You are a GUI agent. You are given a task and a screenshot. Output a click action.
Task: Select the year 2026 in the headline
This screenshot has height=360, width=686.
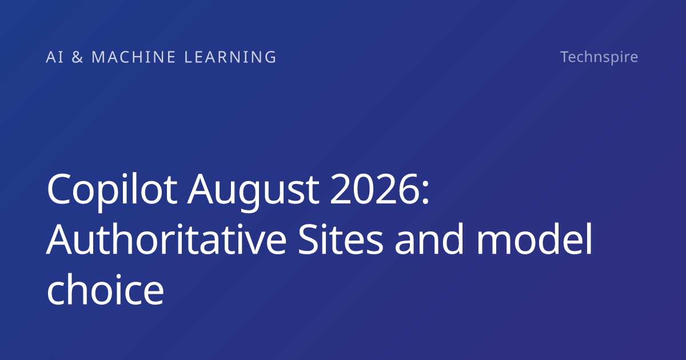(x=374, y=189)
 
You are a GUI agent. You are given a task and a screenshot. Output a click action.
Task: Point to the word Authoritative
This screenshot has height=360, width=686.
(x=166, y=239)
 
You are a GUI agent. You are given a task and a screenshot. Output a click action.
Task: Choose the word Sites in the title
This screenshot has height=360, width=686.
(x=341, y=239)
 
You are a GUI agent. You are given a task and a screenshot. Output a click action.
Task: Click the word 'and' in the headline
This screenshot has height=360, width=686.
(x=429, y=239)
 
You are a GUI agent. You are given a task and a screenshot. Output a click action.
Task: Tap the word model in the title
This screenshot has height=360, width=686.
(x=535, y=239)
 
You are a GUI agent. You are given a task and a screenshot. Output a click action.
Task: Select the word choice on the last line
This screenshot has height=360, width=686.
(x=105, y=289)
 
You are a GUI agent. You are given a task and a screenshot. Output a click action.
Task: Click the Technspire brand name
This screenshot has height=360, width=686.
(x=599, y=57)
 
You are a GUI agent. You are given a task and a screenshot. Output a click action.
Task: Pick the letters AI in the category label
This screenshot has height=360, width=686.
(x=55, y=57)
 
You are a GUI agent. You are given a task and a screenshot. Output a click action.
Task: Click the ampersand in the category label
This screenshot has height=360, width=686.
(x=77, y=57)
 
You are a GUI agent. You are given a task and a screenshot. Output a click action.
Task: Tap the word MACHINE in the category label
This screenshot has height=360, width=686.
(x=134, y=57)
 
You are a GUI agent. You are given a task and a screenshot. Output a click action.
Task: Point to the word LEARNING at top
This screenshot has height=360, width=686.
(x=230, y=57)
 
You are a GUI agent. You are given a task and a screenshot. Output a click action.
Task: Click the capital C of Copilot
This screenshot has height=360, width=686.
(x=58, y=189)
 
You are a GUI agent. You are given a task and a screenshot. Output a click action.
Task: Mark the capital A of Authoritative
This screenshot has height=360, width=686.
(x=59, y=239)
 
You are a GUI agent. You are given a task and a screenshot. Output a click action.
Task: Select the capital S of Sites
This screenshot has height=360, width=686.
(x=308, y=239)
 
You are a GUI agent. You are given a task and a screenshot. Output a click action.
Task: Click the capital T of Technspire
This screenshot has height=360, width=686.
(x=565, y=57)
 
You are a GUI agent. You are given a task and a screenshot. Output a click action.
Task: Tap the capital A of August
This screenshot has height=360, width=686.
(x=200, y=189)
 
